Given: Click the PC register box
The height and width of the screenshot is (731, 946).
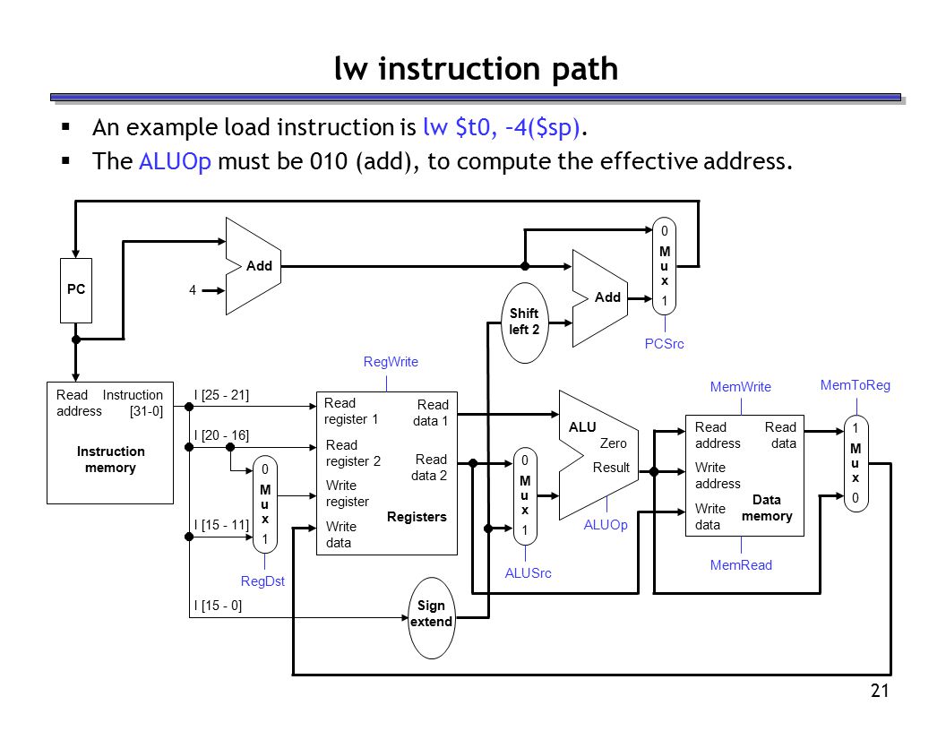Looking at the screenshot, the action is click(x=76, y=290).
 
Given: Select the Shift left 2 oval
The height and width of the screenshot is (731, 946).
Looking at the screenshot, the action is click(x=524, y=322).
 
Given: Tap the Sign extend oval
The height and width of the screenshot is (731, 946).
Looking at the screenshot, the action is click(x=431, y=617).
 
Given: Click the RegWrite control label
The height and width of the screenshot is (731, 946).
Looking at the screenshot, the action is click(x=391, y=362).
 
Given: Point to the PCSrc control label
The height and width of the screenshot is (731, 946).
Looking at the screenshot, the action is click(x=664, y=344).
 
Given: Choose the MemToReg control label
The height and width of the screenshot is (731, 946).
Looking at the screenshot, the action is click(x=855, y=385).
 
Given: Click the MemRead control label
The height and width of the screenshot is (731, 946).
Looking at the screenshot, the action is click(x=741, y=565).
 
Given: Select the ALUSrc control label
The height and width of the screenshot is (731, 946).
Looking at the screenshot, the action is click(x=528, y=573).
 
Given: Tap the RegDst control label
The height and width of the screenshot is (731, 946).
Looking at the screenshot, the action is click(x=262, y=581).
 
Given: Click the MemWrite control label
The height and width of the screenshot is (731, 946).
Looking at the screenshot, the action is click(x=740, y=387).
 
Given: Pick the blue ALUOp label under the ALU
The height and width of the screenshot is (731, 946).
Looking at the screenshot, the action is click(x=606, y=525).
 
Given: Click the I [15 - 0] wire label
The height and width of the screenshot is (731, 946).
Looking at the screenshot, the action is click(x=218, y=606).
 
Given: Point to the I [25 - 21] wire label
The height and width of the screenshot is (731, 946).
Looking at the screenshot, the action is click(x=221, y=395).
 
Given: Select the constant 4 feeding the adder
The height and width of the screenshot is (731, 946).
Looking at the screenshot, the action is click(x=193, y=290).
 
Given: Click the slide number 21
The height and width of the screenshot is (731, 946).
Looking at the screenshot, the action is click(x=880, y=691).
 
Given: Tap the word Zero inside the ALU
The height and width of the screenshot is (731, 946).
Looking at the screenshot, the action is click(x=613, y=443).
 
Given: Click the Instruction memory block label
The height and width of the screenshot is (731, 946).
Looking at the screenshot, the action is click(x=110, y=460).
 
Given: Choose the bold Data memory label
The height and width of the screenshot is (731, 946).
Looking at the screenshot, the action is click(x=767, y=508).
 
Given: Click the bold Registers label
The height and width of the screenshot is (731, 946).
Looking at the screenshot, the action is click(x=417, y=517).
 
